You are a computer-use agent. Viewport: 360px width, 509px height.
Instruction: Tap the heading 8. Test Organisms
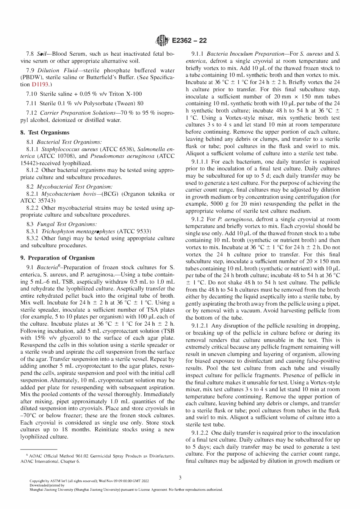point(45,132)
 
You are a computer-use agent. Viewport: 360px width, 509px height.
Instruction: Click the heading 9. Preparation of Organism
point(57,258)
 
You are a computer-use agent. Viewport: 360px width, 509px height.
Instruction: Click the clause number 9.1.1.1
point(200,161)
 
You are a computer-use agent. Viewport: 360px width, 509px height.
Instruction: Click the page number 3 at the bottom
point(180,478)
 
